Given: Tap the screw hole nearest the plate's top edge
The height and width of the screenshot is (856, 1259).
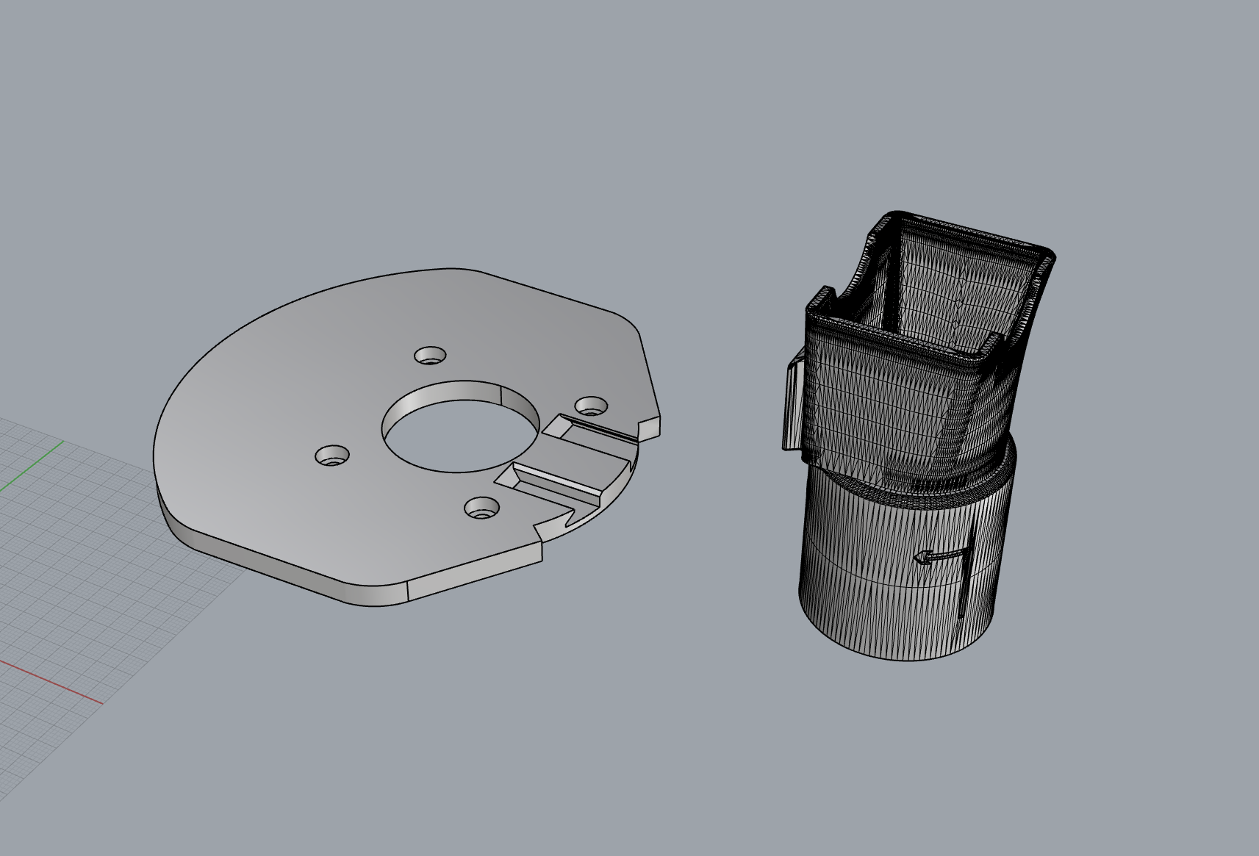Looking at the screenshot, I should pos(430,356).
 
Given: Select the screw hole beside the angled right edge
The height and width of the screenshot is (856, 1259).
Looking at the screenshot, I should pos(590,406).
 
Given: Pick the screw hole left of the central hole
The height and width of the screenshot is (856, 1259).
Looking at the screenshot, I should pos(331,456).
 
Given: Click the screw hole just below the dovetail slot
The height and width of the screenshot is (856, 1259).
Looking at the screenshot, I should pos(481,506).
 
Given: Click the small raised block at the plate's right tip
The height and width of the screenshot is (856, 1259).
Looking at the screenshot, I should pos(651,428).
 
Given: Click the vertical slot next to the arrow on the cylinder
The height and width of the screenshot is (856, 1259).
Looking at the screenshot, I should pos(963,580).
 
